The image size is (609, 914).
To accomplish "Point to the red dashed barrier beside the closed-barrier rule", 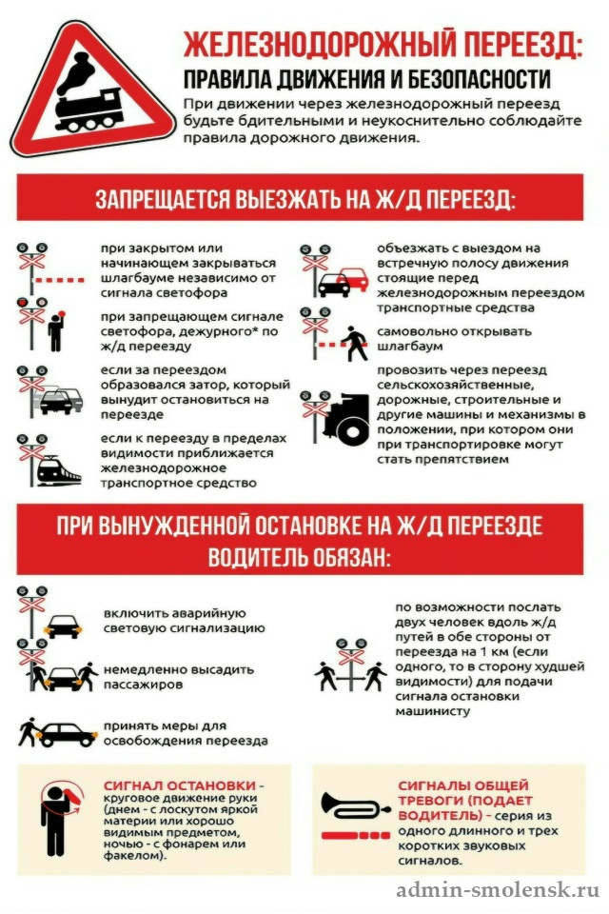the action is tap(58, 280).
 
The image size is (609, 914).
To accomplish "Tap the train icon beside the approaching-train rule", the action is tap(58, 470).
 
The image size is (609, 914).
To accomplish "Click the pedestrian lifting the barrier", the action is tap(354, 344).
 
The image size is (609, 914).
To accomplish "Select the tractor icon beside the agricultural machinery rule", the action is tap(346, 416).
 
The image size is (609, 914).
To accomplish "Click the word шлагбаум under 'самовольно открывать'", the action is tap(410, 347).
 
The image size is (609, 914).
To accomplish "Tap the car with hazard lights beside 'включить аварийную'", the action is tap(63, 626).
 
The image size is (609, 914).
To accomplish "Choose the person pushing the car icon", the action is tap(28, 731).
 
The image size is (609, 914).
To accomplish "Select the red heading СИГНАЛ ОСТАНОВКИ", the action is tap(180, 785).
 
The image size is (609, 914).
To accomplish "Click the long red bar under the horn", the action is tap(339, 835).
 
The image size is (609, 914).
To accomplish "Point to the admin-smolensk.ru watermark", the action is tap(498, 890).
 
